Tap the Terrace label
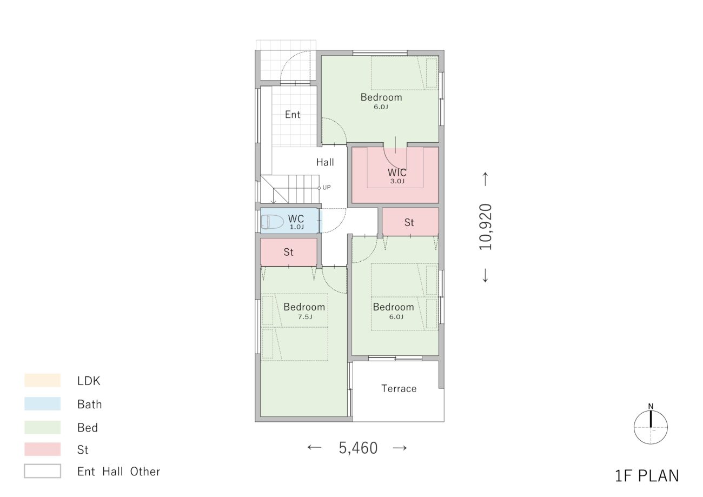tap(399, 389)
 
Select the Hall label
tap(325, 162)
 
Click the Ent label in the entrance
tap(293, 115)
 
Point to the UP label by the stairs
tap(327, 187)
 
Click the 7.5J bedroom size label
tap(305, 317)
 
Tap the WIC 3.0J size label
tap(397, 181)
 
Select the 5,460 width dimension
tap(358, 448)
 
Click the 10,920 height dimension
tap(485, 227)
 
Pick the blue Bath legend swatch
tap(42, 404)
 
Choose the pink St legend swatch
tap(42, 449)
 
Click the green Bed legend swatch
tap(42, 427)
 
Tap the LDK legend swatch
tap(42, 380)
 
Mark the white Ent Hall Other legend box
tap(42, 471)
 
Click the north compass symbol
tap(651, 427)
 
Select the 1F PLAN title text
tap(647, 476)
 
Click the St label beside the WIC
tap(409, 222)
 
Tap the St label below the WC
tap(288, 252)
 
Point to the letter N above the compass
tap(651, 406)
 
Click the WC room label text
tap(296, 218)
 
